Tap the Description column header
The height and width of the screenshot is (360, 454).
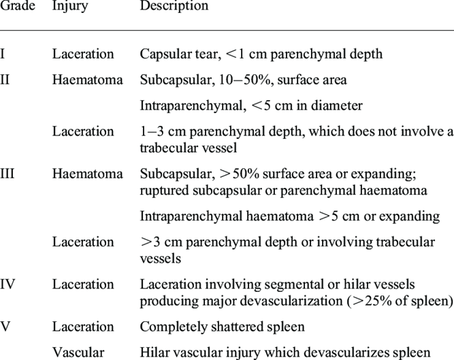coord(174,6)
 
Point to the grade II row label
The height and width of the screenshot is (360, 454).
coord(6,80)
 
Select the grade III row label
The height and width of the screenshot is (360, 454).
coord(9,174)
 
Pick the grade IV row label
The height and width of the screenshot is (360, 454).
coord(9,284)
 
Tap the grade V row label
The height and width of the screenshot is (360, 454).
coord(5,327)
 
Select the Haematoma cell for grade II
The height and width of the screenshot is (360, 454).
coord(87,80)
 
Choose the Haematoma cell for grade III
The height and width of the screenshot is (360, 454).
coord(87,174)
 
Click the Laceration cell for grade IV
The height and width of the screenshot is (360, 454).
coord(82,284)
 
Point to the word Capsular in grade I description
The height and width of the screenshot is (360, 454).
coord(163,54)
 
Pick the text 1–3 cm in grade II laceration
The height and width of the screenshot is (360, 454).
coord(161,132)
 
